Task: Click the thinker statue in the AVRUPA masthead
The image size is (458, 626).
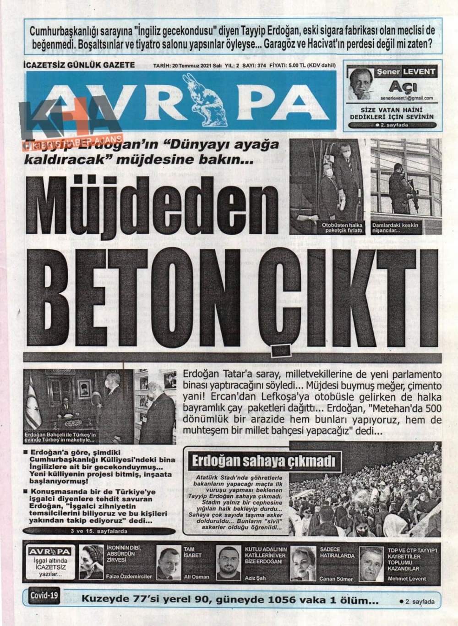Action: (206, 101)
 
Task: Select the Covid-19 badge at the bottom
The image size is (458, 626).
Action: (45, 596)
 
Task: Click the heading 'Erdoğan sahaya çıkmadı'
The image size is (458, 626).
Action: (263, 461)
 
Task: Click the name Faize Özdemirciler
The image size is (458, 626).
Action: (129, 577)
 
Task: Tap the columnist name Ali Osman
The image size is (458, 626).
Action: (196, 577)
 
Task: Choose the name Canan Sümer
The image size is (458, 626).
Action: (336, 578)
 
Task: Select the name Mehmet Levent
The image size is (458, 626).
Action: (407, 578)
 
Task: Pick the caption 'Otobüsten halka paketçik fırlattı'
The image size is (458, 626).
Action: (342, 228)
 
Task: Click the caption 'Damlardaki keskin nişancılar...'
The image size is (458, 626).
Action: (395, 228)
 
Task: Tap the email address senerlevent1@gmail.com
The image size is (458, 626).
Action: (406, 98)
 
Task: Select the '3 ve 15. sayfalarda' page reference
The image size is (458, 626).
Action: (99, 531)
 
